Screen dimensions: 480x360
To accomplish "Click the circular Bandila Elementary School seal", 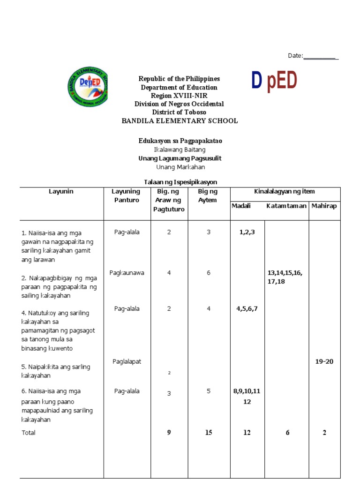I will coord(88,86).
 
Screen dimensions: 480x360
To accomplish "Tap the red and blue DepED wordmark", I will coord(274,81).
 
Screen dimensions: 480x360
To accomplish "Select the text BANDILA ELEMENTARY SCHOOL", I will coord(180,121).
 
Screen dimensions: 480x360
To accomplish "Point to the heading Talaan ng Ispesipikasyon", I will coord(180,182).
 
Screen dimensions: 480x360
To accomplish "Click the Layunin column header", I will coord(61,191).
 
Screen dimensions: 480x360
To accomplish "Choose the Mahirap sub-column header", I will coord(324,206).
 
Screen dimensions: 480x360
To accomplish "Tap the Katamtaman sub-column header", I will coord(286,206).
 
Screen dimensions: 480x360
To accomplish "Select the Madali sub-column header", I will coord(241,206).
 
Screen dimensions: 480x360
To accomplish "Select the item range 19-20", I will coord(324,361).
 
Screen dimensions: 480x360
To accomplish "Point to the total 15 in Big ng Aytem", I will coord(209,433).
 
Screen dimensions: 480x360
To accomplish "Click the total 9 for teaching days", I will coord(169,433).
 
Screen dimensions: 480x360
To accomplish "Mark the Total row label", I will coord(29,433).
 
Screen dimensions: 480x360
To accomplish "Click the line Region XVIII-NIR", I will coord(180,96).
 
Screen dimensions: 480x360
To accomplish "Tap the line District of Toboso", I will coord(180,112).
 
